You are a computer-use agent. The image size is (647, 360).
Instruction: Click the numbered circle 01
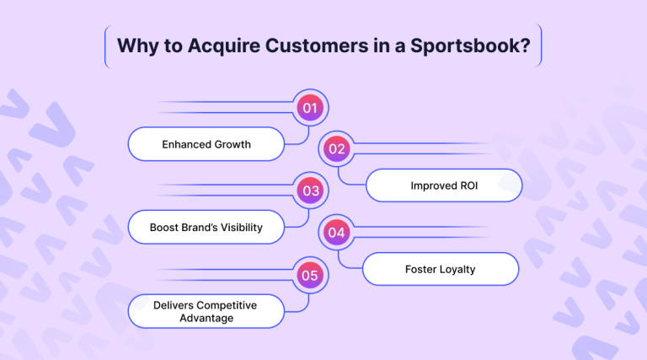[x=311, y=108]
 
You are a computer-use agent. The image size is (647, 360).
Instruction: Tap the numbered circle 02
[x=337, y=149]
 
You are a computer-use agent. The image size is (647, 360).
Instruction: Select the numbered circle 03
[x=311, y=191]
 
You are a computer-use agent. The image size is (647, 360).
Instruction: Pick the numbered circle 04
[x=337, y=232]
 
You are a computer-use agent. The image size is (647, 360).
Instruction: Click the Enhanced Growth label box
[x=206, y=144]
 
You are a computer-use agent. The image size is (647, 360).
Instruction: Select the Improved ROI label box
[x=444, y=185]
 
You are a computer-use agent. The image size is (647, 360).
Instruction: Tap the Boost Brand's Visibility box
[x=206, y=227]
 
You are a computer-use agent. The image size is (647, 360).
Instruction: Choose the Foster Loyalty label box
[x=441, y=269]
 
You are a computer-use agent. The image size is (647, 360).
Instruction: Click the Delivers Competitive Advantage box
[x=206, y=311]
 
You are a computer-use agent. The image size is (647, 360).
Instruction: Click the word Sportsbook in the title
[x=477, y=46]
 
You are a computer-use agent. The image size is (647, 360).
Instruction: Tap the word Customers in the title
[x=306, y=46]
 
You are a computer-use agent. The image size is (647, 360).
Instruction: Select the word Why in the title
[x=135, y=46]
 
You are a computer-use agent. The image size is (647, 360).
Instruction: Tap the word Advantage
[x=206, y=318]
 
